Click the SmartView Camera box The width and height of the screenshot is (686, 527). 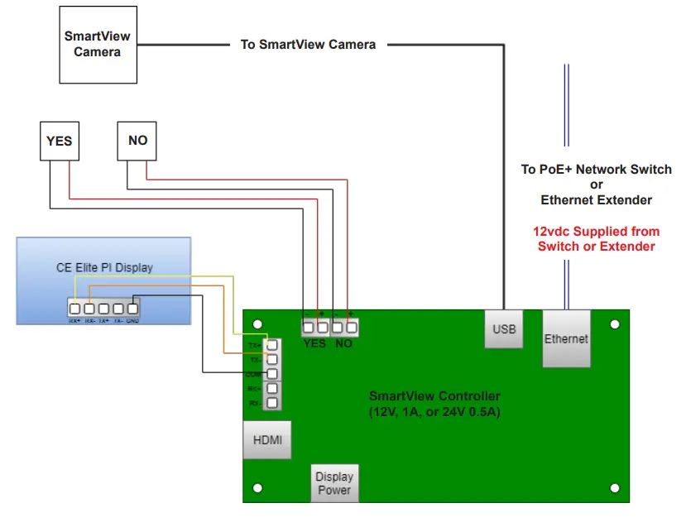(98, 44)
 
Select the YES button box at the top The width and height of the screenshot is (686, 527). (59, 141)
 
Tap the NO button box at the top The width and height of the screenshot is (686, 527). (137, 141)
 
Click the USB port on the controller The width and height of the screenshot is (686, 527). (504, 329)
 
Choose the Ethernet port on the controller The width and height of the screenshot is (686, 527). (567, 339)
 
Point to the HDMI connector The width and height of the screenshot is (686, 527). (267, 440)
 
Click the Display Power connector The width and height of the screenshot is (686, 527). (334, 483)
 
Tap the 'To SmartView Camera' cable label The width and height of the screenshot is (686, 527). (308, 44)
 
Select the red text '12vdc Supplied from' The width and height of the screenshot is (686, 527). (596, 232)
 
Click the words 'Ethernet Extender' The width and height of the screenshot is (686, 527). (596, 200)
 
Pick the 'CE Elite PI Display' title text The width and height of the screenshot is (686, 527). (104, 267)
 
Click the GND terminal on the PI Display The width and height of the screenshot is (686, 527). (133, 309)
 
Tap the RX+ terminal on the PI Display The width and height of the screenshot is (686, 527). (75, 309)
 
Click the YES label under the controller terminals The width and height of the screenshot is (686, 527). (314, 343)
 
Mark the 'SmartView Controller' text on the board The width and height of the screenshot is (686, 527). (434, 396)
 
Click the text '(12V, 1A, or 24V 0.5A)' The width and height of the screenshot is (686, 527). (434, 411)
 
